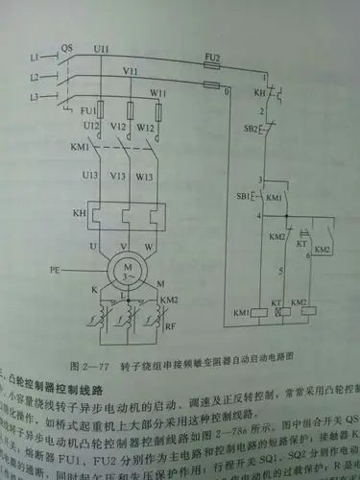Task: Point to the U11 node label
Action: coord(102,48)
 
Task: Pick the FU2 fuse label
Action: coord(212,59)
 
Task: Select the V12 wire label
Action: coord(121,128)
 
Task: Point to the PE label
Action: coord(56,273)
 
